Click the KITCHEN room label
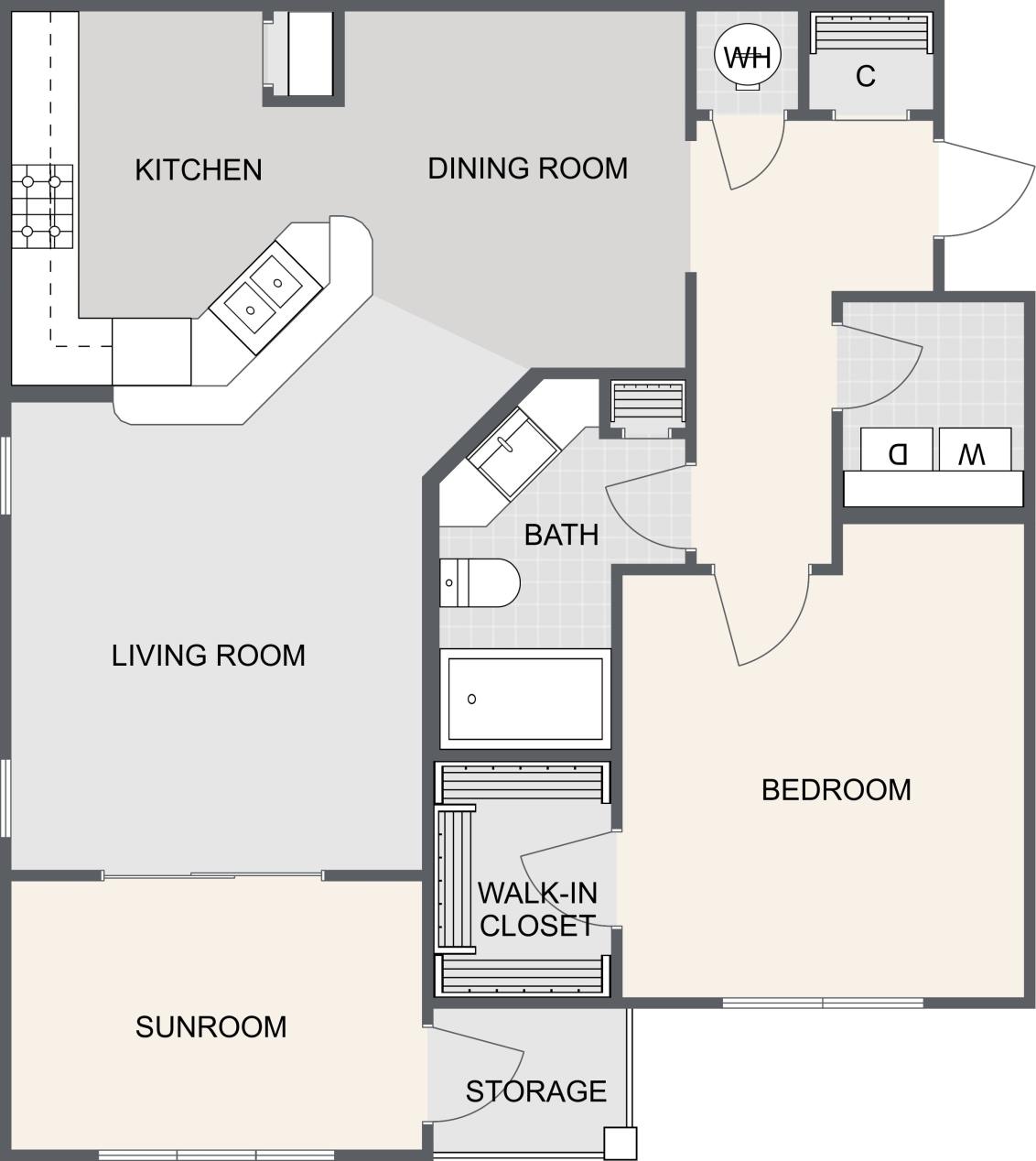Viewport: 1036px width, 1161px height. pos(199,170)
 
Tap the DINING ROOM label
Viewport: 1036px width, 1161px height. pos(528,168)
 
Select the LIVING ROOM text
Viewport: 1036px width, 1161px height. pos(209,656)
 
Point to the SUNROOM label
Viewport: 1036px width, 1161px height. pos(210,1027)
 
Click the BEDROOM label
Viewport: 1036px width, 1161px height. pos(836,790)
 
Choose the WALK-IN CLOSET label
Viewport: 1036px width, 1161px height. pos(537,909)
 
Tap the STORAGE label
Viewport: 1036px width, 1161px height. pos(535,1091)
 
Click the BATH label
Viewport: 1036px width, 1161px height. pos(561,535)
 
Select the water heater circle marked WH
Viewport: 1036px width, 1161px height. pos(748,58)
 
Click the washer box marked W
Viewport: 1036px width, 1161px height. pos(974,451)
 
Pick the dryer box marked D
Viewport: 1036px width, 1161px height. pos(898,451)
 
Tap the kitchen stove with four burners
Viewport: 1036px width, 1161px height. pos(42,207)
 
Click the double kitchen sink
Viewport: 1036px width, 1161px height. pos(264,293)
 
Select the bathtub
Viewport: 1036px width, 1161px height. pos(524,699)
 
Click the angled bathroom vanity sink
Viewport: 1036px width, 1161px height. pos(513,453)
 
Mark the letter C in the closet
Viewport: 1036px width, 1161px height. pos(866,77)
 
